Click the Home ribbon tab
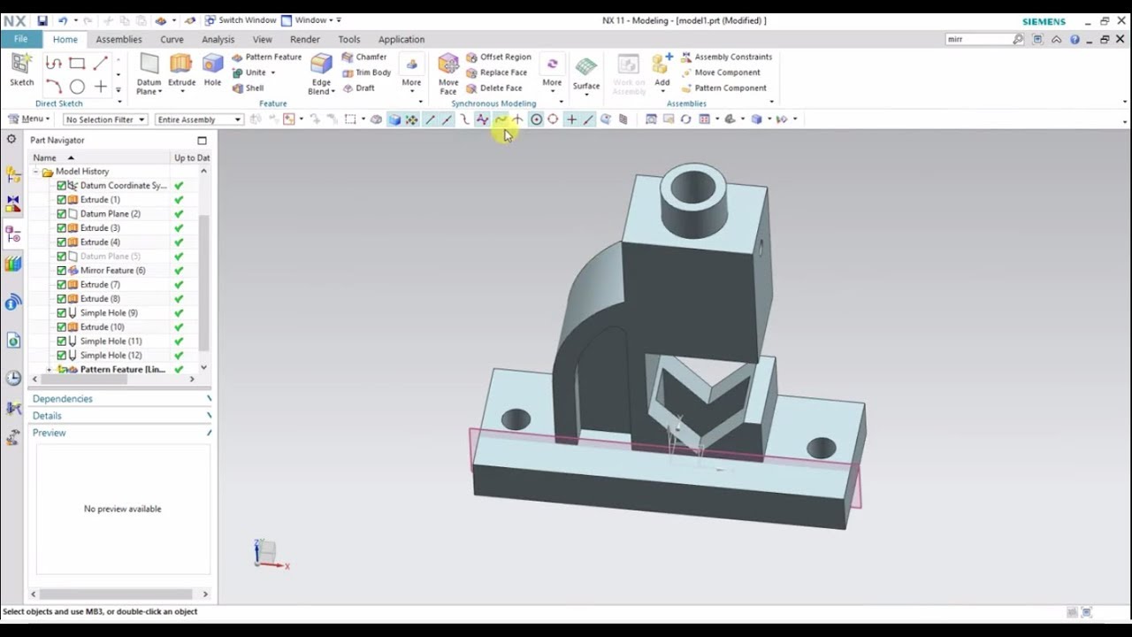[65, 39]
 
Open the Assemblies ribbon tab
[119, 39]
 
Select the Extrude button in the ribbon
[181, 71]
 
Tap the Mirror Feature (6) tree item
[112, 270]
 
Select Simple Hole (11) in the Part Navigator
[111, 341]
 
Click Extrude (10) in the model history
[102, 326]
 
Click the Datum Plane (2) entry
[110, 213]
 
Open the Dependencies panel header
[63, 398]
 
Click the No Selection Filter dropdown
[104, 119]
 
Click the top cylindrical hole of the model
[693, 187]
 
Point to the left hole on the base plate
[516, 419]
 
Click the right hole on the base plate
[822, 448]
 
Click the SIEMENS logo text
[1044, 21]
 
